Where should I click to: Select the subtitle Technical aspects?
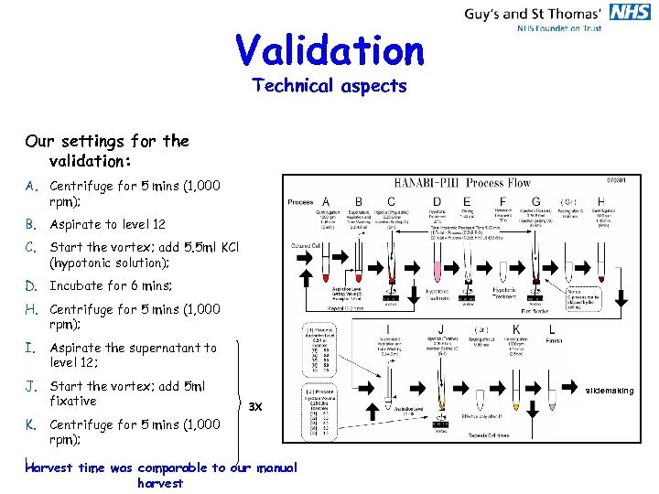(329, 86)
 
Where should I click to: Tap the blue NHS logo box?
(630, 12)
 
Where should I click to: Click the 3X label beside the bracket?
(256, 405)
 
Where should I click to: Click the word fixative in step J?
(72, 401)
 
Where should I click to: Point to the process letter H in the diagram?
(600, 202)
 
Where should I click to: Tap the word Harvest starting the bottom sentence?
(50, 467)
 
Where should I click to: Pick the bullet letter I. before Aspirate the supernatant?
(31, 348)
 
